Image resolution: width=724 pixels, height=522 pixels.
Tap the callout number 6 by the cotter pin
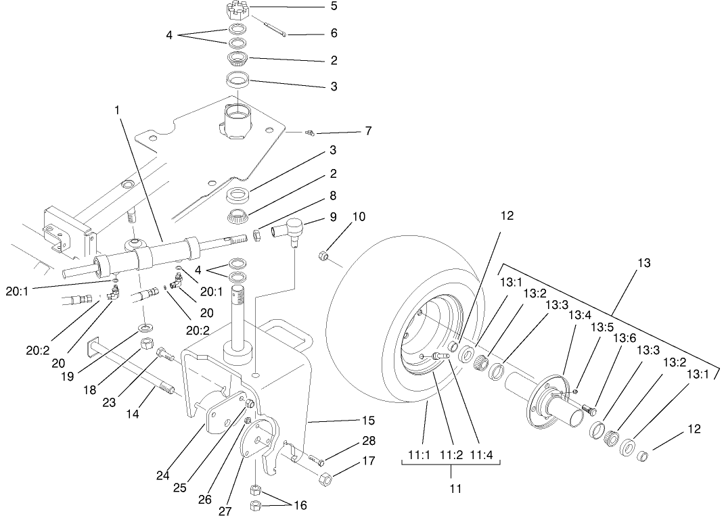point(334,33)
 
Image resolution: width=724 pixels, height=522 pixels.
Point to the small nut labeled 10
point(323,256)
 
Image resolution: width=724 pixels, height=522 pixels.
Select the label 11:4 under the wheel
point(483,453)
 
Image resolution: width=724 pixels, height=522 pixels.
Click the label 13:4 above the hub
point(579,314)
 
